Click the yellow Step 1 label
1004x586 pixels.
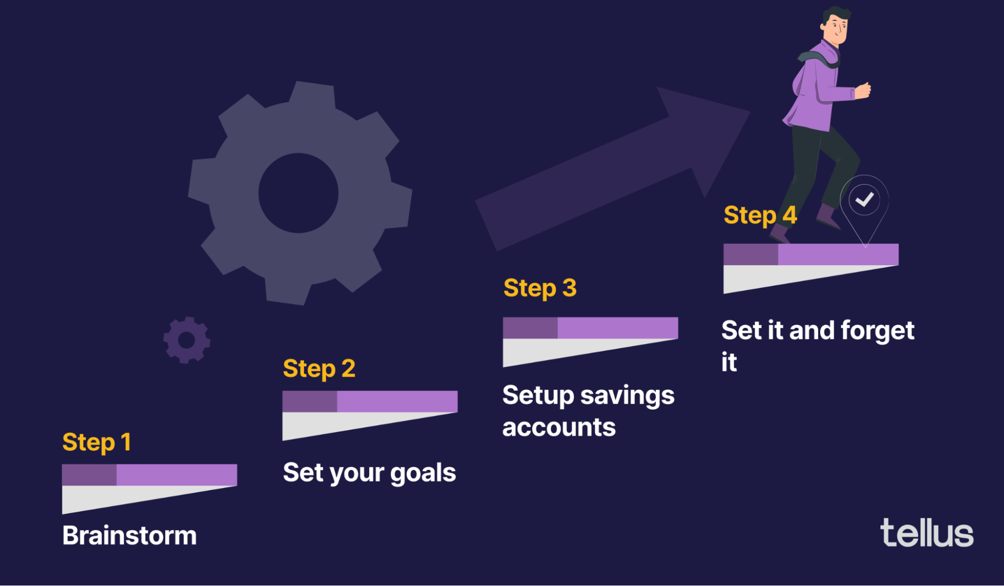(x=96, y=442)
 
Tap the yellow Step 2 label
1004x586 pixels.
(x=319, y=369)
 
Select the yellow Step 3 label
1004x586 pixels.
(x=540, y=288)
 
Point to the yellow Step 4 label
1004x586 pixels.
(x=760, y=215)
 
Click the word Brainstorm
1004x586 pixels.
(x=130, y=535)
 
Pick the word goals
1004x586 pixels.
(x=423, y=473)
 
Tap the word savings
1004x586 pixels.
(x=627, y=396)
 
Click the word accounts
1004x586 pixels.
(x=559, y=428)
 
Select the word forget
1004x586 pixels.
(x=877, y=331)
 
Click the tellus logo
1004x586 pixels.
(x=927, y=533)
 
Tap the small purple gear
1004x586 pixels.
(x=186, y=340)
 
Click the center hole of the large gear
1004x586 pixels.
(x=298, y=193)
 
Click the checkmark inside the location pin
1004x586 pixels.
(x=864, y=200)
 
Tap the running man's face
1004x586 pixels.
(x=837, y=28)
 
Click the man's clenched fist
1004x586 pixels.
(x=863, y=90)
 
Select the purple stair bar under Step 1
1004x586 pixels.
(x=149, y=475)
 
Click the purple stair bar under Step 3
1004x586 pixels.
(x=590, y=328)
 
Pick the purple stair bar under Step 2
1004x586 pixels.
(x=370, y=401)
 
